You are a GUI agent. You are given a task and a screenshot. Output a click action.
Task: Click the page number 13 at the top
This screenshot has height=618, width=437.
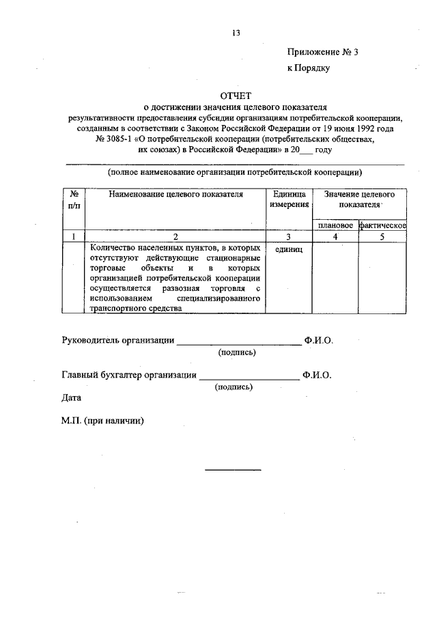tap(236, 32)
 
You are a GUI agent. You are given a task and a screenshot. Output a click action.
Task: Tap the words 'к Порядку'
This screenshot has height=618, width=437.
tap(308, 68)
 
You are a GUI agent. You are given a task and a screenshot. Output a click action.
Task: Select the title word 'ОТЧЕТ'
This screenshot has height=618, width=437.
tap(236, 96)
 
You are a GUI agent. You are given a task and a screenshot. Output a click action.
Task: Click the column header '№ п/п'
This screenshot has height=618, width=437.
tap(74, 199)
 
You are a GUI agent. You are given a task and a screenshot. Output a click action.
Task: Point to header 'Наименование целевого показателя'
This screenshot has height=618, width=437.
tap(175, 195)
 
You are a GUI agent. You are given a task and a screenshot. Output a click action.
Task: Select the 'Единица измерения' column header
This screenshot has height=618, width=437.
tap(289, 199)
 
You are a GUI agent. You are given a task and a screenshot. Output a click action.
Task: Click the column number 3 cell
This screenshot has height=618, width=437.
tap(289, 237)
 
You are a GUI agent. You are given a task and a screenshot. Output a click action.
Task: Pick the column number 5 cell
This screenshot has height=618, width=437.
tap(382, 237)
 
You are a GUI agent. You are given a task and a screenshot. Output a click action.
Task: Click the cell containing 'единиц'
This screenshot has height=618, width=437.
tap(289, 250)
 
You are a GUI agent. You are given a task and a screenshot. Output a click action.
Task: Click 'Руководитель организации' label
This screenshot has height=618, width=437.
tap(117, 340)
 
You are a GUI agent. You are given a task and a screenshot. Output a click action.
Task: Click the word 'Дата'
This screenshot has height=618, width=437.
tap(71, 397)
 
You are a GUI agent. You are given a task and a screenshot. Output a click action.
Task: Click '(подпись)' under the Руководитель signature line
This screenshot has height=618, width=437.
tap(237, 352)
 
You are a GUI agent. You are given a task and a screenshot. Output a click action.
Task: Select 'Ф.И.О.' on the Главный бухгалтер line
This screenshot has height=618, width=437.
tap(318, 375)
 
